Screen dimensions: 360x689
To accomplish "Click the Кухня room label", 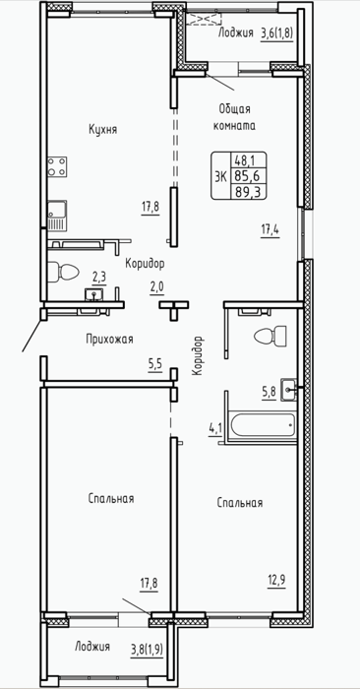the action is click(102, 130).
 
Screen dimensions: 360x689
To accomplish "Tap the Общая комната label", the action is click(234, 117).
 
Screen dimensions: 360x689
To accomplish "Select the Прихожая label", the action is click(109, 340).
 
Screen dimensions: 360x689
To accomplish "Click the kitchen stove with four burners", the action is click(57, 167).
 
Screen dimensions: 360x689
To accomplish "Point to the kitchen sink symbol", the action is click(57, 216).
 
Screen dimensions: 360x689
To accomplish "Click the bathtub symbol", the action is click(263, 425).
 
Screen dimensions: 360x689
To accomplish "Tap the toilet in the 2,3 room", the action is click(63, 272).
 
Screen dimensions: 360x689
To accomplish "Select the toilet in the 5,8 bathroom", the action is click(270, 337).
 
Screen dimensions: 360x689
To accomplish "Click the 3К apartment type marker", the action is click(221, 176).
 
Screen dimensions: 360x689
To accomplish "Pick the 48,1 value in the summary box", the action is click(245, 158).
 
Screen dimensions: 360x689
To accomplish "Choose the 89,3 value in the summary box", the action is click(245, 192).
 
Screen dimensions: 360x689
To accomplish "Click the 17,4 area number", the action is click(270, 229).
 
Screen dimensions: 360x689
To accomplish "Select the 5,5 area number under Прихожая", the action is click(155, 365).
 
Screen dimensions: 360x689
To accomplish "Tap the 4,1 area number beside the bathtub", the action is click(215, 428).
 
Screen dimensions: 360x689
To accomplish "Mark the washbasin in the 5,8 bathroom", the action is click(288, 390).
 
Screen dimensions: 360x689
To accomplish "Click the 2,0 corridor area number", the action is click(156, 287).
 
